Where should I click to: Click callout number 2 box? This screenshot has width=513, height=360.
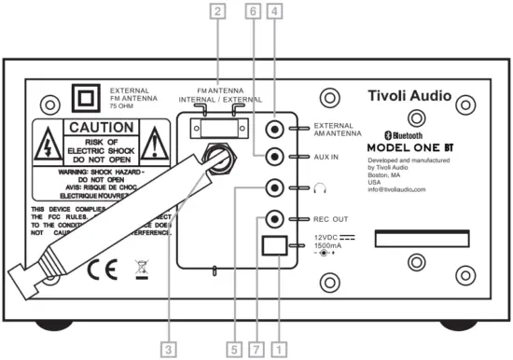click(x=217, y=12)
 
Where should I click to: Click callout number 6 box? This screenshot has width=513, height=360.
click(x=252, y=12)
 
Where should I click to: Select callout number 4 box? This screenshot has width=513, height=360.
click(x=274, y=12)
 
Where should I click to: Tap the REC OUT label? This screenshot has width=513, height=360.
click(x=331, y=219)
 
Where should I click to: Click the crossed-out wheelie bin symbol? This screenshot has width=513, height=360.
click(x=138, y=271)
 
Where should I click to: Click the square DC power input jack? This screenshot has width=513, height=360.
click(x=274, y=246)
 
